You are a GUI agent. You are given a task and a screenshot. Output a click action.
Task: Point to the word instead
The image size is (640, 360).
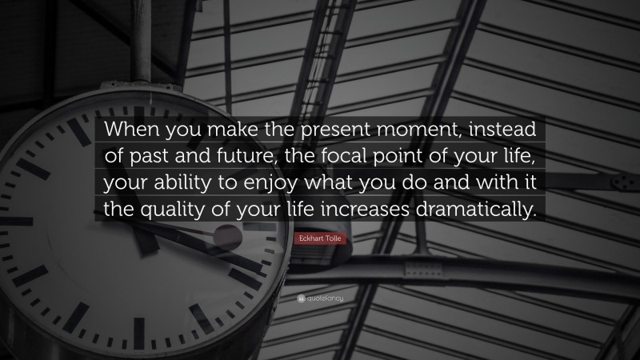tap(493, 129)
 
